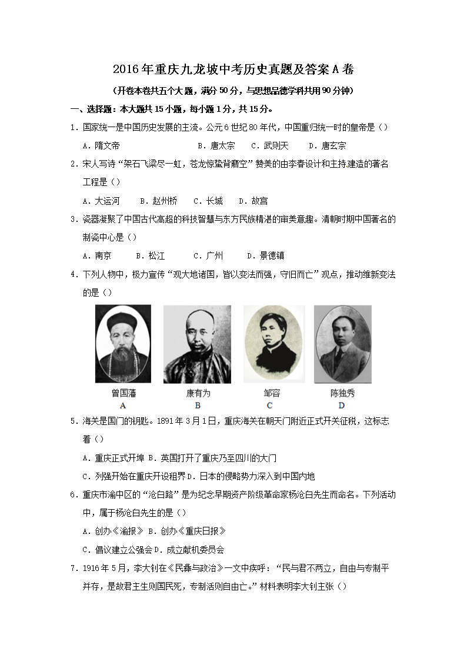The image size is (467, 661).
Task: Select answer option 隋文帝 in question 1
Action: pyautogui.click(x=106, y=145)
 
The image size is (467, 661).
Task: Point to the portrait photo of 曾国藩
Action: pyautogui.click(x=123, y=344)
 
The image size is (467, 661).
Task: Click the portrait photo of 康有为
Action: pyautogui.click(x=197, y=345)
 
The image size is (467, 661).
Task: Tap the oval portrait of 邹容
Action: pyautogui.click(x=269, y=344)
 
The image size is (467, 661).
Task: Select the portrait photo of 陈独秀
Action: pyautogui.click(x=342, y=344)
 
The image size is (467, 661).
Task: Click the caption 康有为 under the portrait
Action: pyautogui.click(x=198, y=393)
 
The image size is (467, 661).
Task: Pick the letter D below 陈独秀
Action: pyautogui.click(x=342, y=405)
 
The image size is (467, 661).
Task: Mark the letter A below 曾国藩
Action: pyautogui.click(x=123, y=405)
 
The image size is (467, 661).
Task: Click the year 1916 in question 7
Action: pyautogui.click(x=94, y=569)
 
